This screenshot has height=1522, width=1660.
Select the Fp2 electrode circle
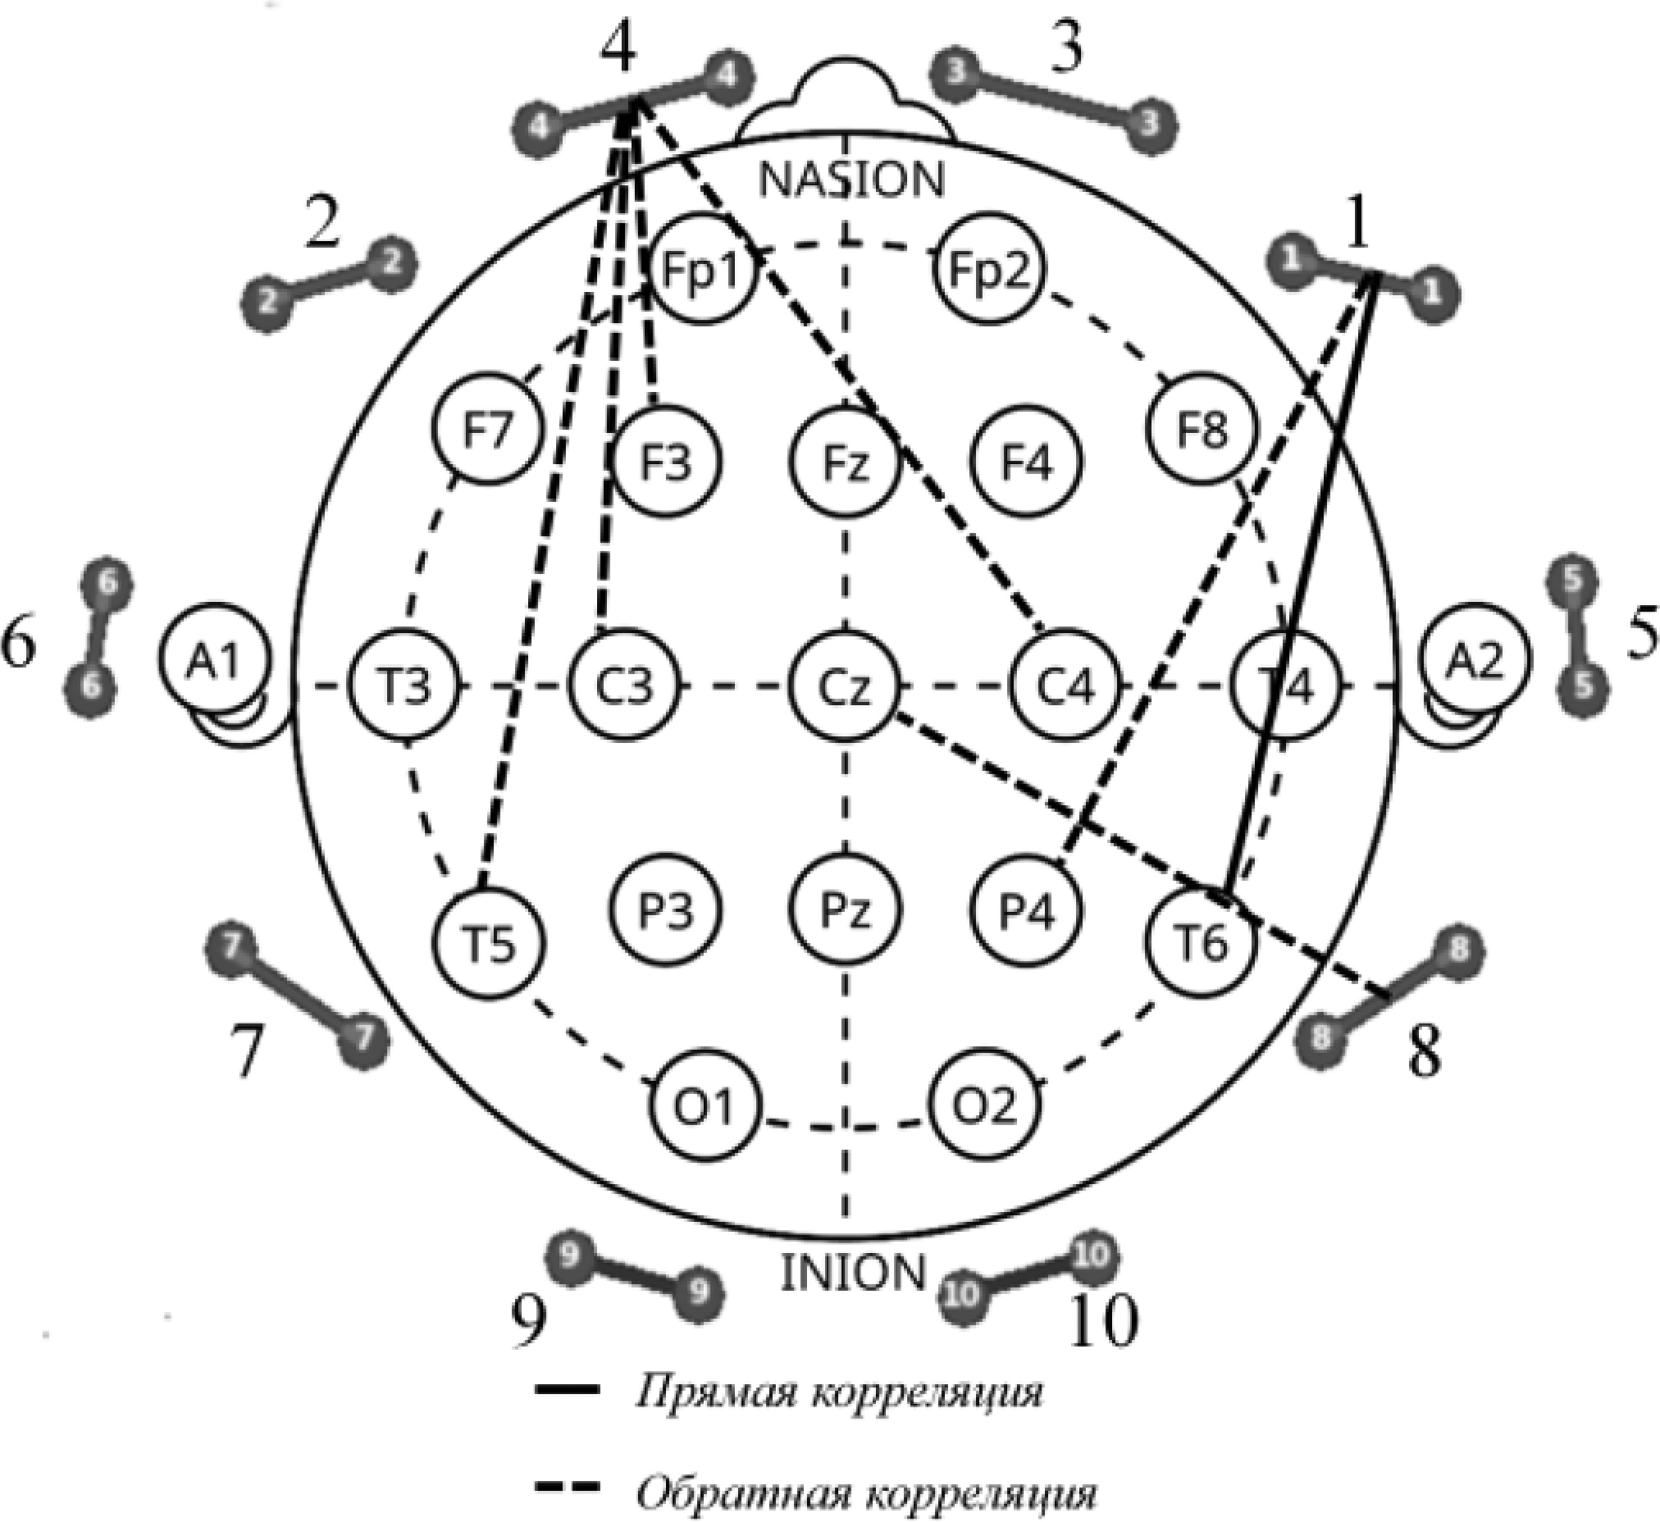[x=988, y=269]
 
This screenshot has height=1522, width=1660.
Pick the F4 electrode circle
[x=1026, y=462]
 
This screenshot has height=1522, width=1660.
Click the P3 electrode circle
[x=666, y=911]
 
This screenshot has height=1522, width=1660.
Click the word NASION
[x=851, y=180]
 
